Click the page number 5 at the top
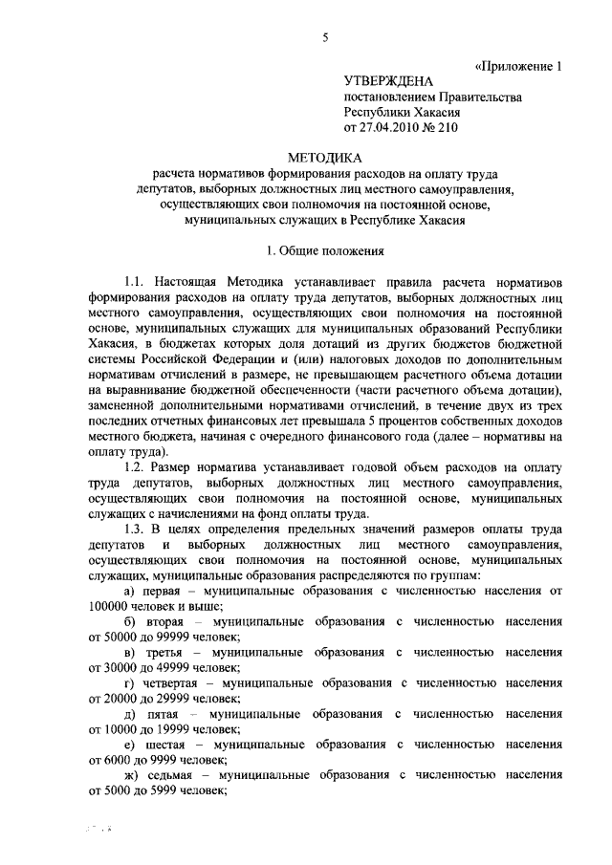(x=324, y=37)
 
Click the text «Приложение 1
(x=516, y=66)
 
